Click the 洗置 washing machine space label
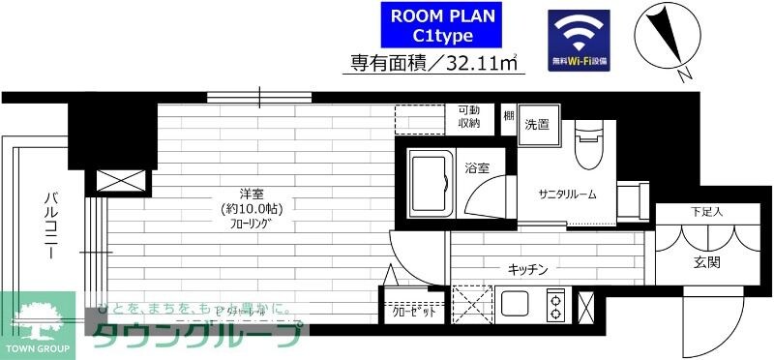[x=537, y=124]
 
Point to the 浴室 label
[x=476, y=168]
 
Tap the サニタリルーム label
[x=568, y=194]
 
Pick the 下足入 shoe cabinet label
[x=706, y=211]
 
